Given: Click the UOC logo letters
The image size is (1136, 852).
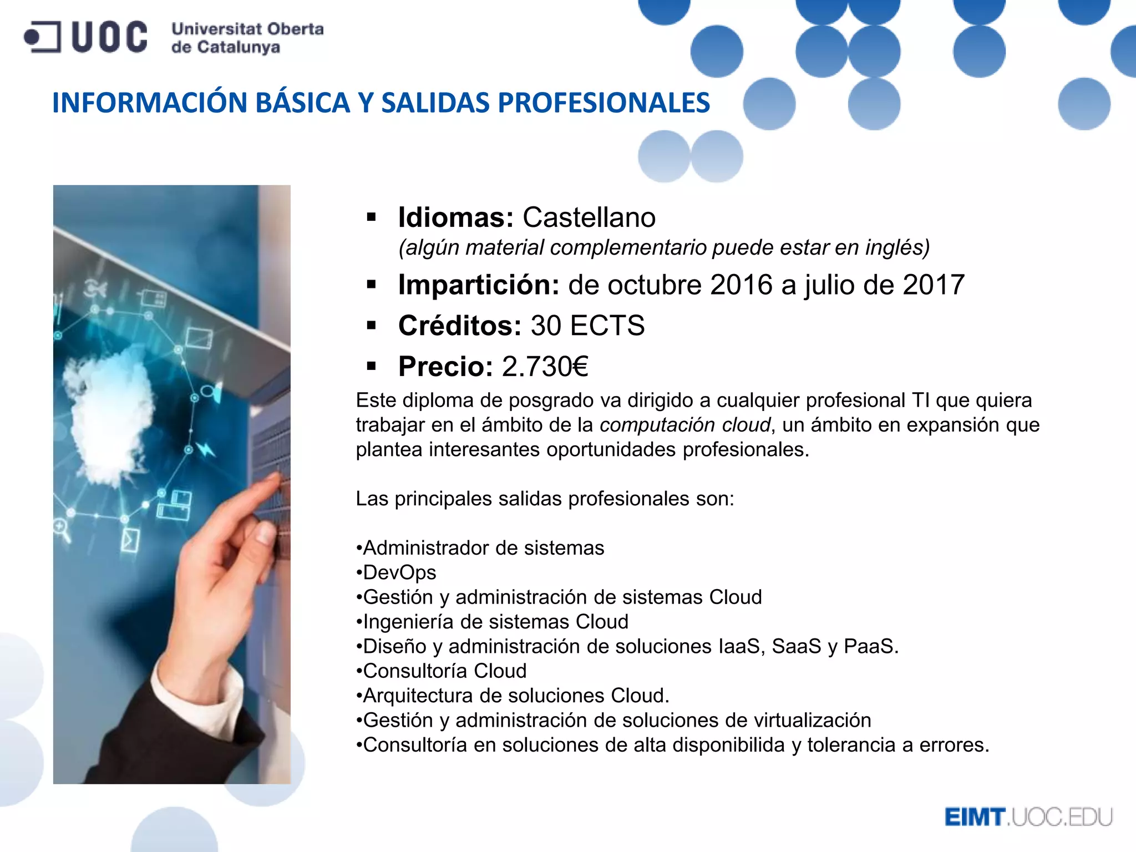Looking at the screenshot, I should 109,37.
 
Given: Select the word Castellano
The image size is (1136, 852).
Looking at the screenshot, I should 589,217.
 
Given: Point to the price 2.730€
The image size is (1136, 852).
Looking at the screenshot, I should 545,367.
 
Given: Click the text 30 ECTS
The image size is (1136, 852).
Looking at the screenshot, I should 588,326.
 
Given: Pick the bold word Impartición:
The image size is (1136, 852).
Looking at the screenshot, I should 479,285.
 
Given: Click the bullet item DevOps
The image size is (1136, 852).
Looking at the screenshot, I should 399,572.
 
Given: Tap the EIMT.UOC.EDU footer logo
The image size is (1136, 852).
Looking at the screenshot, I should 1028,817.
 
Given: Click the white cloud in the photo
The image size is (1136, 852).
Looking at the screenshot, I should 111,410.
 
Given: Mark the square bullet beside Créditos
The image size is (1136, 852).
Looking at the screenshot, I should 372,326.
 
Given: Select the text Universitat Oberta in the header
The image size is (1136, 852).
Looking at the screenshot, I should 247,29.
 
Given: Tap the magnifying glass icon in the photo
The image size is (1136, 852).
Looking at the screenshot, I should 62,529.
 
